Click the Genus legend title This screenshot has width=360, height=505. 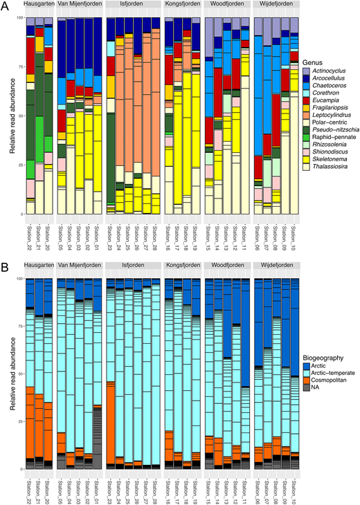click(315, 61)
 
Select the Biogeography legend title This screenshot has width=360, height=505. click(328, 353)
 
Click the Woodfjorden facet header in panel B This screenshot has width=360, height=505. click(227, 266)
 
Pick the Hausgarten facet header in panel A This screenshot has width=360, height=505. click(38, 5)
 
